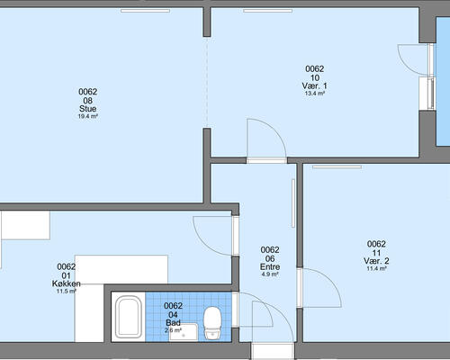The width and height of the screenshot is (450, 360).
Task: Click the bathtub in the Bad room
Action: [129, 317]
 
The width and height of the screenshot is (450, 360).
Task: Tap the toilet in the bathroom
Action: [212, 323]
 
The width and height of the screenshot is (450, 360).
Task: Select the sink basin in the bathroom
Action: [184, 332]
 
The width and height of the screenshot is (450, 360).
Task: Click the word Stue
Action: [88, 109]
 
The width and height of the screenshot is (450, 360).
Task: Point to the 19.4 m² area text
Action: [88, 116]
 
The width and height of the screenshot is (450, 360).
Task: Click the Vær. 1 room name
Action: [315, 85]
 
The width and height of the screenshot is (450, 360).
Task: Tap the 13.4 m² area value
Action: [315, 94]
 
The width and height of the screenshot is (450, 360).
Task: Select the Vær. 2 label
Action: [376, 261]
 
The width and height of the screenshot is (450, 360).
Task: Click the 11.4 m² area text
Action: [376, 268]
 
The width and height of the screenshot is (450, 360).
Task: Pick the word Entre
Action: [270, 266]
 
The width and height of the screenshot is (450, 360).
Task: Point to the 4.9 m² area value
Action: [270, 274]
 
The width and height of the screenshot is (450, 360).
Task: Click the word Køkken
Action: [67, 283]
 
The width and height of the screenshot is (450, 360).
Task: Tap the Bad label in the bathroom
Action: [173, 323]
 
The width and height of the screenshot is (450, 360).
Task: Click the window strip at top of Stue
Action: [145, 11]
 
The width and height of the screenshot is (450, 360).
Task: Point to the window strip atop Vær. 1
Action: [267, 11]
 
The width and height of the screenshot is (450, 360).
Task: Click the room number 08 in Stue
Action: [88, 100]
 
